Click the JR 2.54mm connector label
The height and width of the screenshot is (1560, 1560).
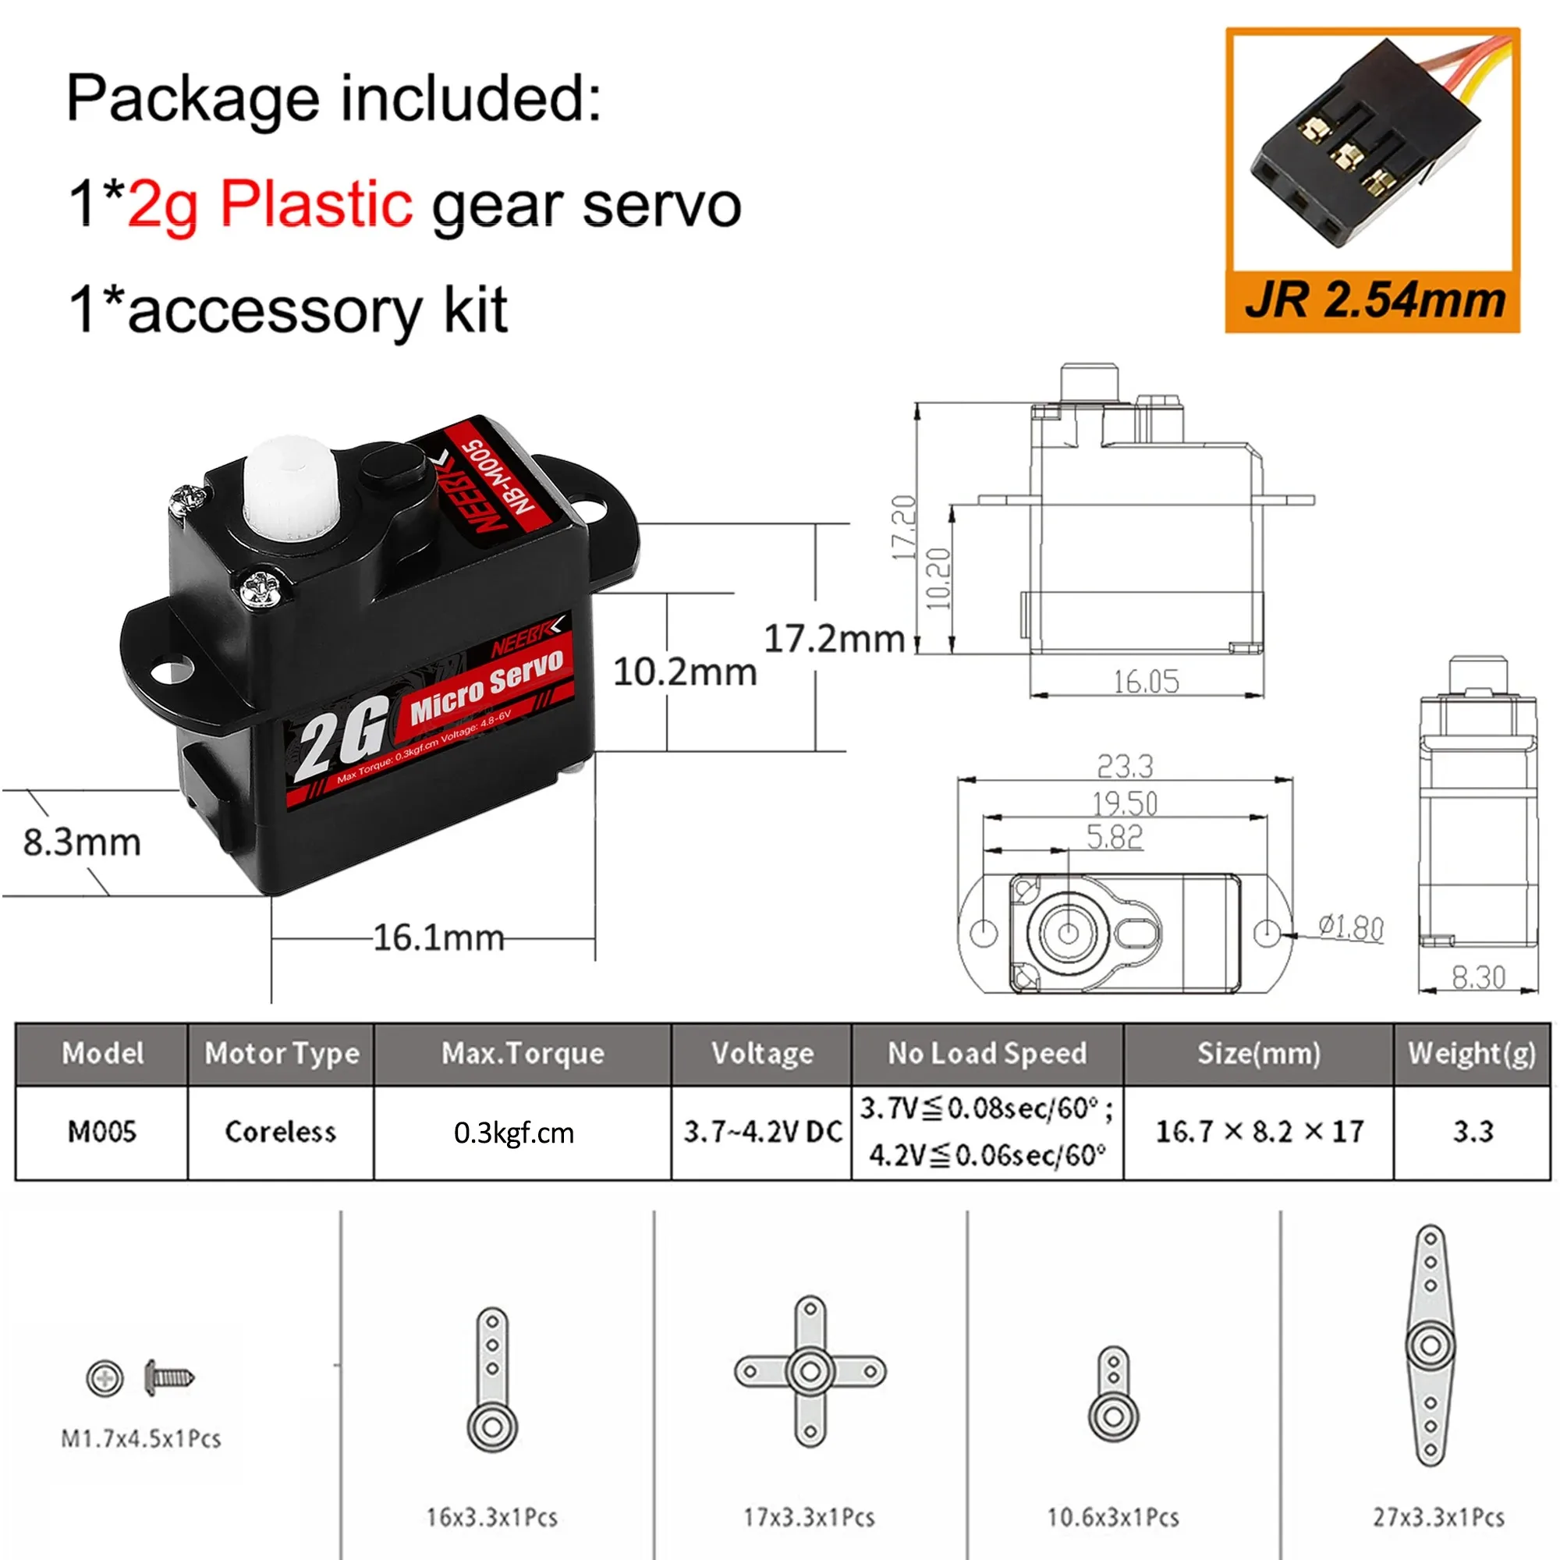[x=1374, y=301]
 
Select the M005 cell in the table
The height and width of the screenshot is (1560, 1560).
[x=101, y=1131]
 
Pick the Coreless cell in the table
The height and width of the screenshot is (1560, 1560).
[x=280, y=1131]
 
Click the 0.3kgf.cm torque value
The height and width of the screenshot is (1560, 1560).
[x=514, y=1133]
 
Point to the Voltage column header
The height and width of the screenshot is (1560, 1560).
[x=762, y=1054]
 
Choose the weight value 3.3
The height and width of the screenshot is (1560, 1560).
[x=1473, y=1131]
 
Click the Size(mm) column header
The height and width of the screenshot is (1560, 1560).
[x=1259, y=1054]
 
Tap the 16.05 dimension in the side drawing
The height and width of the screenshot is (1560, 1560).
[x=1146, y=682]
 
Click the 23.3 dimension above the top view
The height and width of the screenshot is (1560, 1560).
[x=1125, y=765]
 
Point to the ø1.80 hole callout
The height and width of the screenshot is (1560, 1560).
[x=1352, y=927]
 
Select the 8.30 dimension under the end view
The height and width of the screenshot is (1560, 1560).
[x=1478, y=978]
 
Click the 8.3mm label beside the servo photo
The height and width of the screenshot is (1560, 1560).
[x=82, y=842]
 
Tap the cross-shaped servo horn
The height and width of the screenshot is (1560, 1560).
[x=810, y=1371]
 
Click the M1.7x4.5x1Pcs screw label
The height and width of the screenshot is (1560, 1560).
[x=141, y=1438]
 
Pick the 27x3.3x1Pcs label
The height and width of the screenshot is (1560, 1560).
[x=1438, y=1517]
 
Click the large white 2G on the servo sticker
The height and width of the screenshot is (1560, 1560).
[x=339, y=740]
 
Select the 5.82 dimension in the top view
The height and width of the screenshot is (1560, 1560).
[x=1115, y=837]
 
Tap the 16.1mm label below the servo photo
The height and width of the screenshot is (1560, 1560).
[x=438, y=938]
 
